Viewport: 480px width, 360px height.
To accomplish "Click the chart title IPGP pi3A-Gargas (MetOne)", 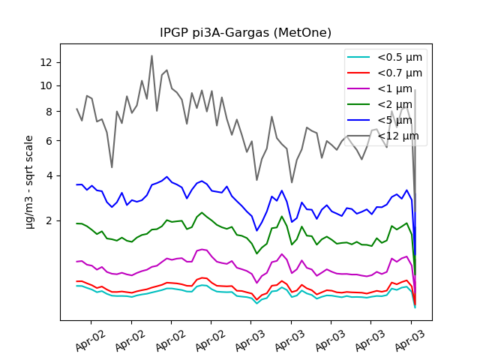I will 245,33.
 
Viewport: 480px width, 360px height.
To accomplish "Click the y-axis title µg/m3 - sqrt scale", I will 29,181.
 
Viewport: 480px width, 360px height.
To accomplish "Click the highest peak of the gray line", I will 151,55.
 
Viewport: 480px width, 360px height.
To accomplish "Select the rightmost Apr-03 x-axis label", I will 409,341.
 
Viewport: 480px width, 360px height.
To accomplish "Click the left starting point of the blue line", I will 77,184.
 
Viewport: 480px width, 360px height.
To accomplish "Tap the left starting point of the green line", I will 77,223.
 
